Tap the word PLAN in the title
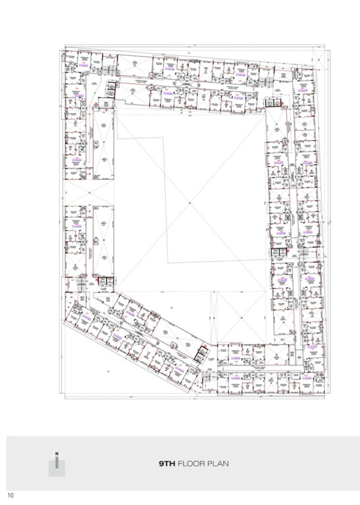219,464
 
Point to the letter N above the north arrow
57,454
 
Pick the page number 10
11,494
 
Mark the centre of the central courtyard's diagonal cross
189,200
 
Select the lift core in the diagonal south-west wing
201,356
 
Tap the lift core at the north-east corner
270,99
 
